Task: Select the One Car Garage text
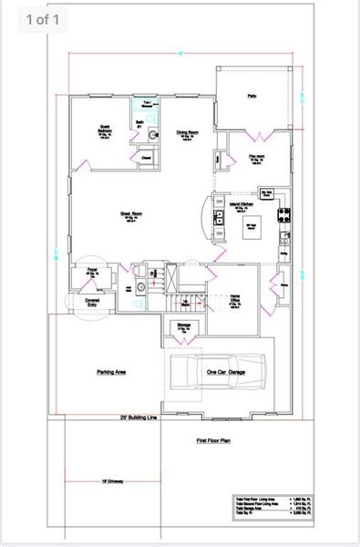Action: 223,372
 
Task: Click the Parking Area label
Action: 110,372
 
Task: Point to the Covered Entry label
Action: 92,302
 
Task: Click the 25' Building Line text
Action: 139,418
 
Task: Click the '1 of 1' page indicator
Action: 46,19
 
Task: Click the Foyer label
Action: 92,271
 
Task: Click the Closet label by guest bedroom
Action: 146,158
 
